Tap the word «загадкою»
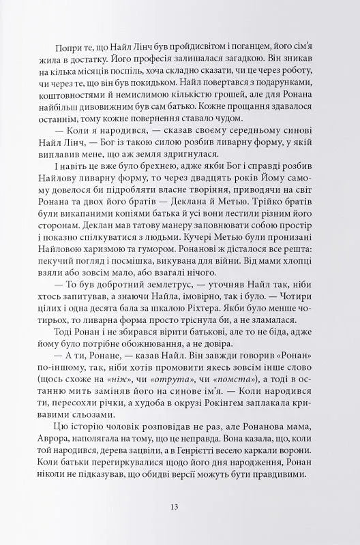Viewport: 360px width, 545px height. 218,61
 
